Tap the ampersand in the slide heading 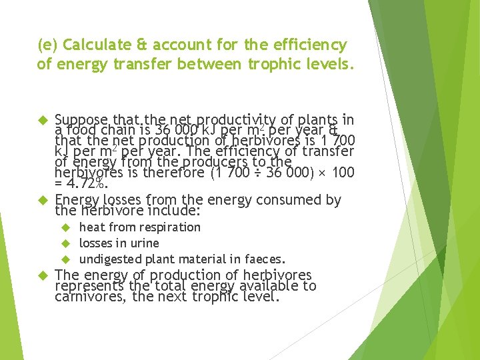141,45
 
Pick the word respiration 169,227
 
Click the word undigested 109,259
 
